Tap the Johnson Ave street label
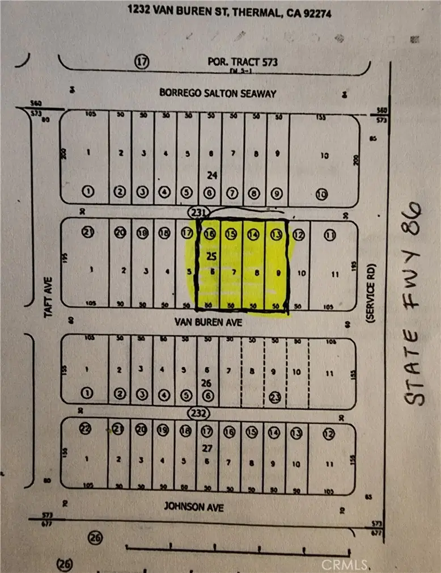(193, 506)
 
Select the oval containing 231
(199, 212)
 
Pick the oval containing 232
(200, 412)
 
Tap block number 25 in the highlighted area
(211, 256)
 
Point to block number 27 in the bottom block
(207, 448)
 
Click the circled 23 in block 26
(276, 397)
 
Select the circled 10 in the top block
(321, 194)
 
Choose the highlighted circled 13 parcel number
(276, 234)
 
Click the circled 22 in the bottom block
(86, 431)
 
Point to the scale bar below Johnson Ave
(238, 549)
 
